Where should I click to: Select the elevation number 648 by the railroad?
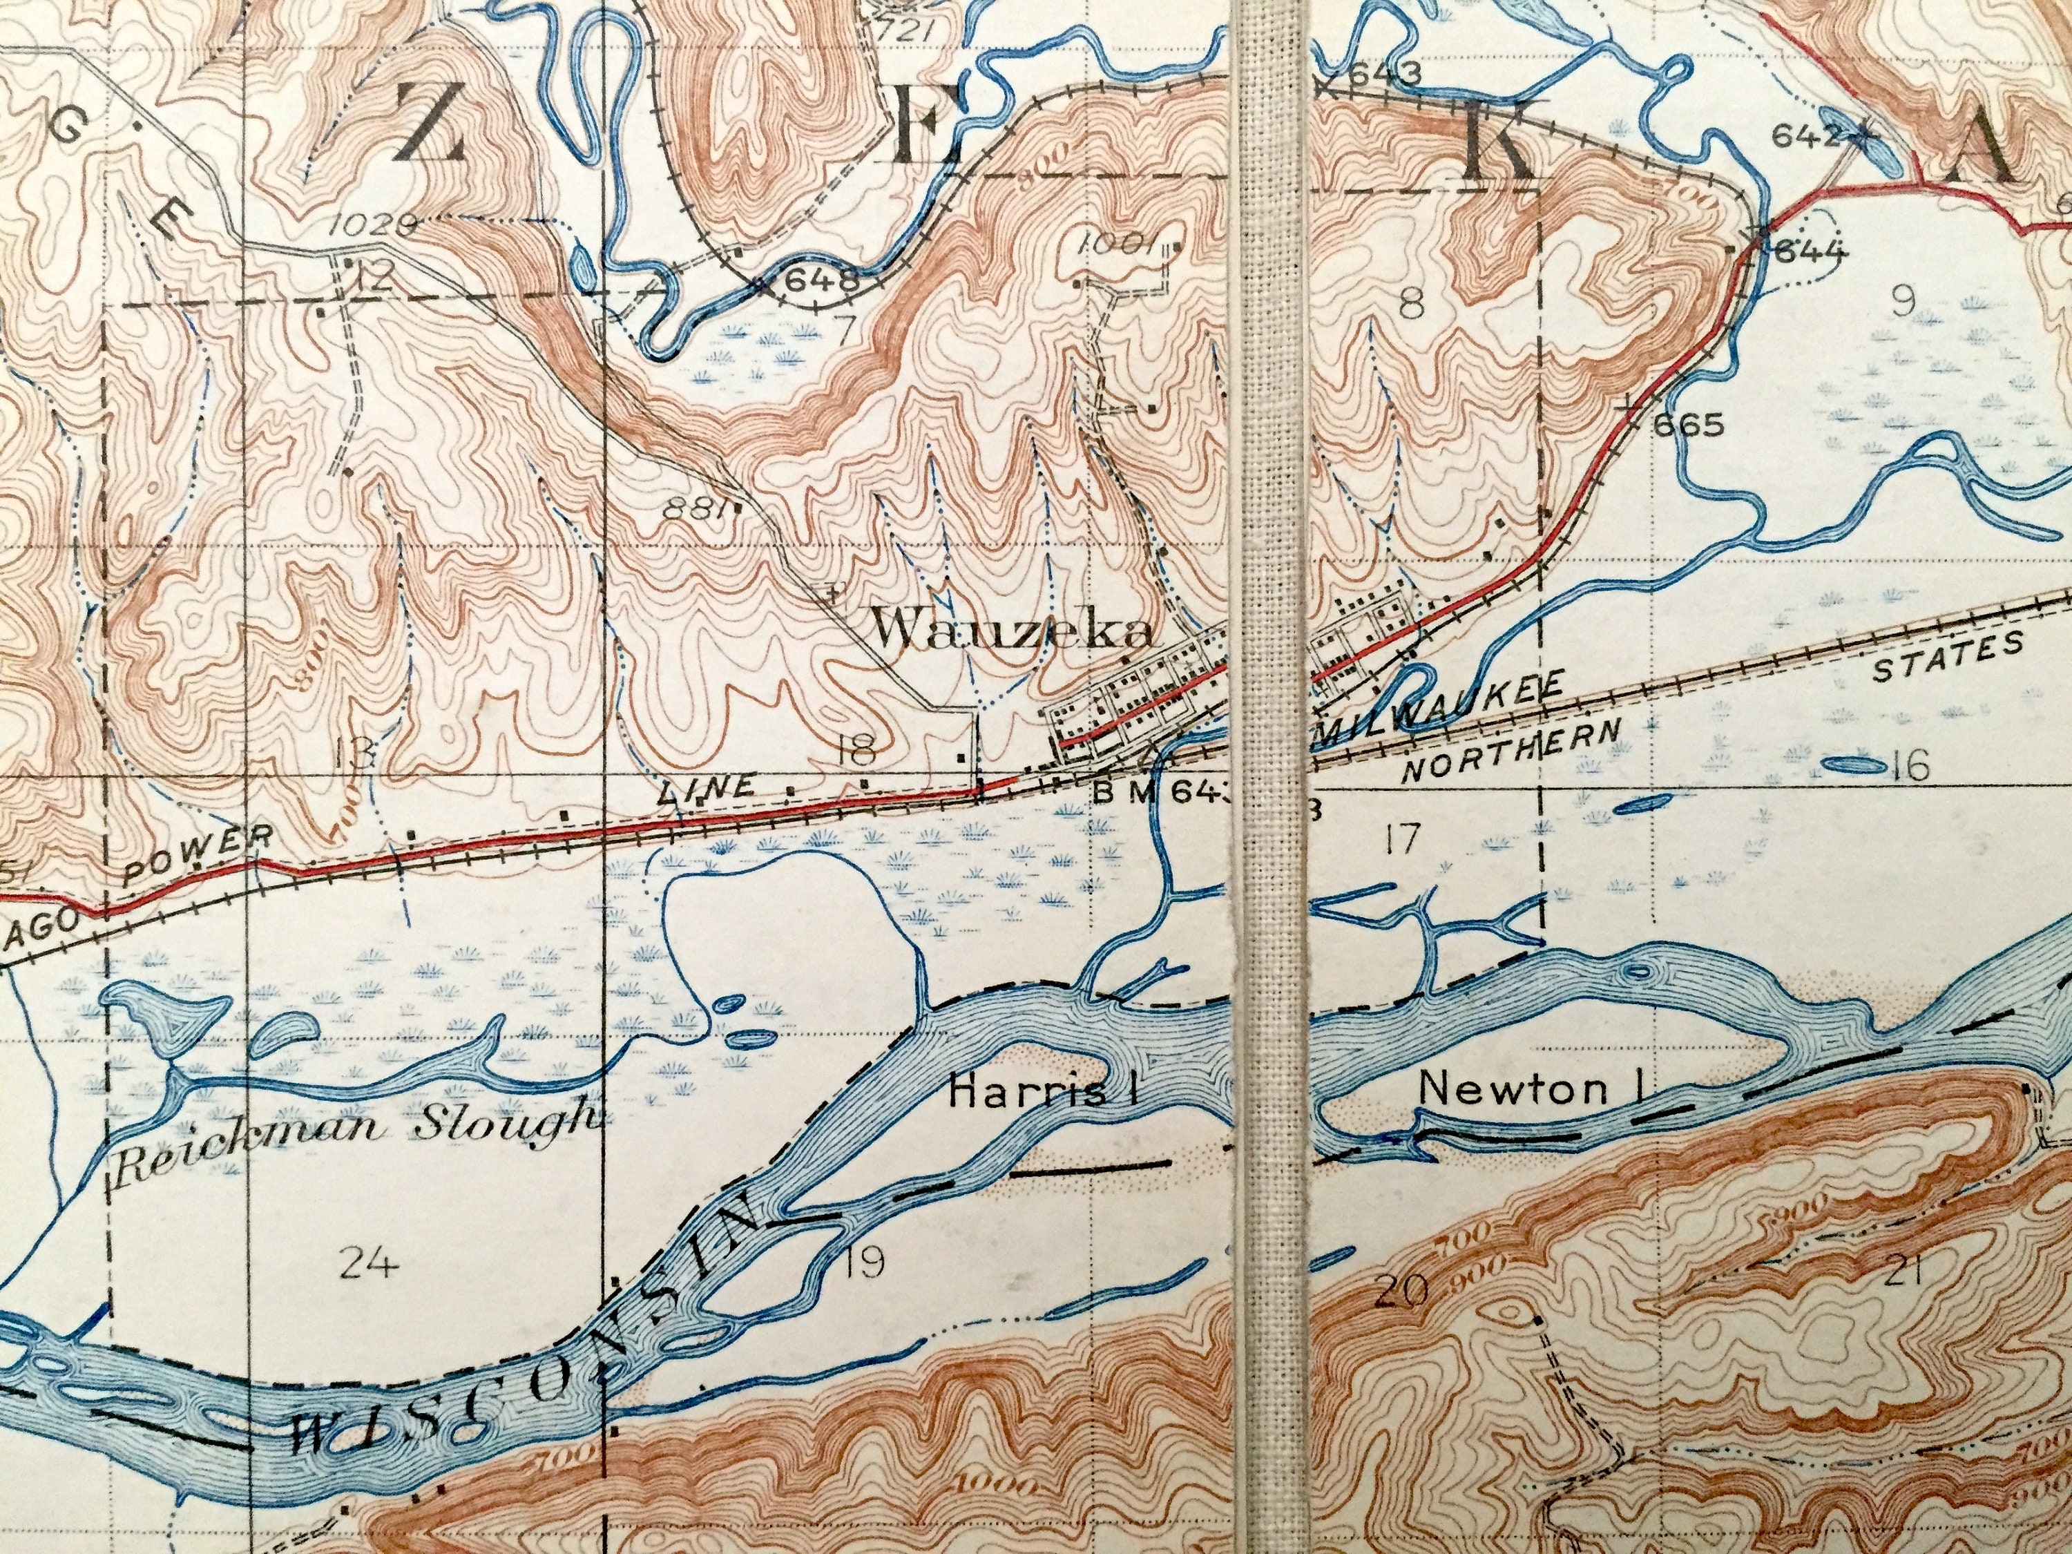coord(821,279)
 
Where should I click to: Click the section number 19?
coord(863,1265)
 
